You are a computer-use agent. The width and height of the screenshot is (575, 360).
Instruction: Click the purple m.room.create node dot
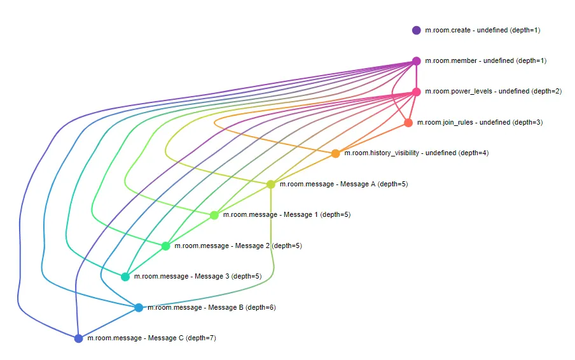[416, 30]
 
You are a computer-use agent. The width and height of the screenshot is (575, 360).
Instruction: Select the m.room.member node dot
[416, 61]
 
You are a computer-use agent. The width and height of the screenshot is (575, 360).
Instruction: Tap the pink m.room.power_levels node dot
[416, 92]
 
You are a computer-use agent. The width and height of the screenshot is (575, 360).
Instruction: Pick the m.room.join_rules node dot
[408, 123]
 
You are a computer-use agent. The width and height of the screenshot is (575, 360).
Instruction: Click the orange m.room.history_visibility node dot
[336, 153]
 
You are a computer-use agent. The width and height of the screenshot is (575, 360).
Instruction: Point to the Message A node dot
[270, 184]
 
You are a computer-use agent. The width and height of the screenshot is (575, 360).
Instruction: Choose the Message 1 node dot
[214, 215]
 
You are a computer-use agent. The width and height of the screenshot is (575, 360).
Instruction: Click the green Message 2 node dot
[166, 246]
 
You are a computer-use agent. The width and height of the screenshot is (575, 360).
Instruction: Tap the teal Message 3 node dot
[125, 277]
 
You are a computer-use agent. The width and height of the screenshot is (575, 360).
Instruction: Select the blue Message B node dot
[139, 307]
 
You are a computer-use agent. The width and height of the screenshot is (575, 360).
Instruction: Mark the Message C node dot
[78, 338]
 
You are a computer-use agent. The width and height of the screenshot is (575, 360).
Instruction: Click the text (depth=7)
[201, 338]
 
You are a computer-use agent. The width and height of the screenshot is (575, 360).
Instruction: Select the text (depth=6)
[261, 307]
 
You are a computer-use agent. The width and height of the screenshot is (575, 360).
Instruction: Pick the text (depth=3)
[527, 122]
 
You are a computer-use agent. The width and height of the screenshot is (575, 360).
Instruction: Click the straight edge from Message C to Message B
[109, 322]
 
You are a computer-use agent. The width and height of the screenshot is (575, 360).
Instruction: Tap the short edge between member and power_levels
[416, 76]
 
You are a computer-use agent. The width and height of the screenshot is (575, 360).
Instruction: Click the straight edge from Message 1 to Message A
[242, 200]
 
